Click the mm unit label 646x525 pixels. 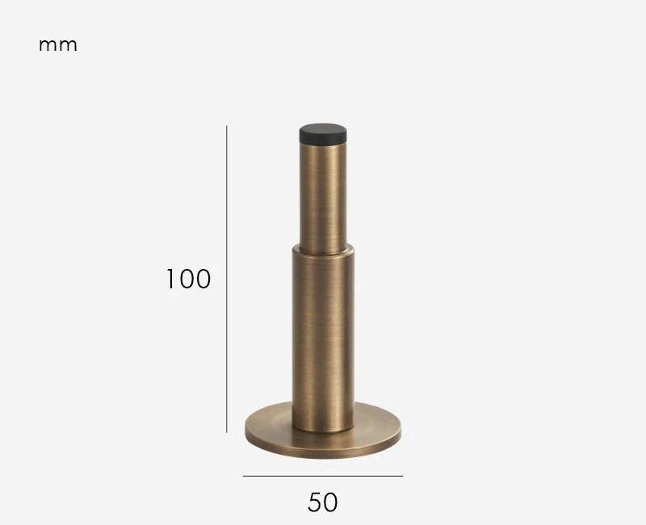(x=58, y=45)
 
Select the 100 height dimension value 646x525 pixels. (x=188, y=279)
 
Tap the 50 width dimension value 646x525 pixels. (x=323, y=502)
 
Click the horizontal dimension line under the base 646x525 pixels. (x=323, y=476)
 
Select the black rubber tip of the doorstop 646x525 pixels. (x=323, y=134)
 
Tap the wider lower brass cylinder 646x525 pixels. (x=323, y=339)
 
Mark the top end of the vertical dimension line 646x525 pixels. (x=227, y=126)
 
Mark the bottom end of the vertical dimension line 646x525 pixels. (x=227, y=432)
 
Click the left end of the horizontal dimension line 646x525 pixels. (x=244, y=476)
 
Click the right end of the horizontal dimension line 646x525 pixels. (x=402, y=476)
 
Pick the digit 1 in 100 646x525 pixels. (x=171, y=279)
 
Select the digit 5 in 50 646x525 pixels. (x=315, y=502)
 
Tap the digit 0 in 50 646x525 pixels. (x=331, y=502)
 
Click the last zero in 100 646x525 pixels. (x=203, y=279)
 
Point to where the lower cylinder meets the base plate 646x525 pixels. (x=323, y=430)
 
